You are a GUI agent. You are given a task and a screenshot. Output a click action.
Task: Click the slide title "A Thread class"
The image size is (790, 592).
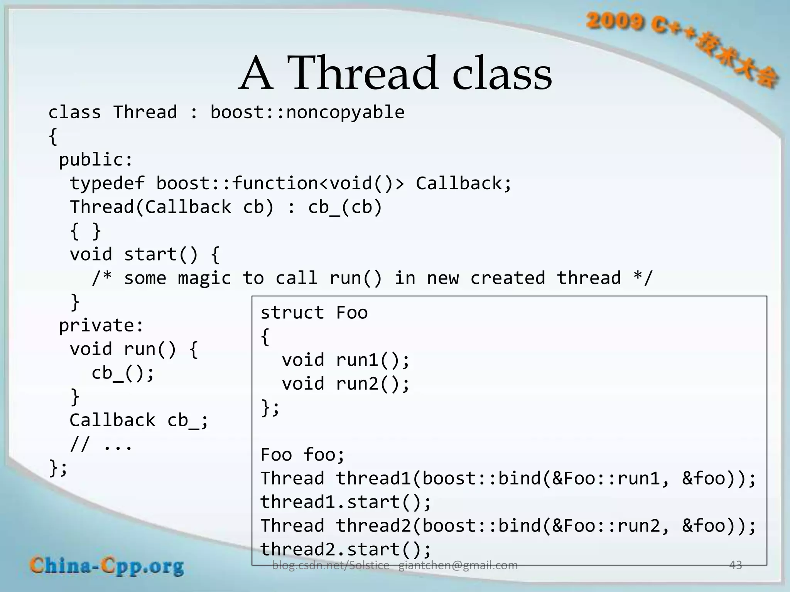point(395,73)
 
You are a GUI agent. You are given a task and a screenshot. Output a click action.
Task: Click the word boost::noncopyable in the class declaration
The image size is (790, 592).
point(307,113)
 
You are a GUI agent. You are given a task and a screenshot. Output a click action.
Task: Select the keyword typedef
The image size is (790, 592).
point(107,183)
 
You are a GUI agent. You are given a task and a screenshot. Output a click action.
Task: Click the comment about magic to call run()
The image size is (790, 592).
point(372,278)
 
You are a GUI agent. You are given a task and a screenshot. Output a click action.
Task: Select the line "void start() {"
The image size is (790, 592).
point(145,255)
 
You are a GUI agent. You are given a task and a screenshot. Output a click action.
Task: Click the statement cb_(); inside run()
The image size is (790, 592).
point(123,373)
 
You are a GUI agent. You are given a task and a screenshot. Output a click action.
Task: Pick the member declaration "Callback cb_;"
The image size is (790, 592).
point(139,420)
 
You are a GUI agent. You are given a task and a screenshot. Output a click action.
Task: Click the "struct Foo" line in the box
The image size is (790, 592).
point(314,313)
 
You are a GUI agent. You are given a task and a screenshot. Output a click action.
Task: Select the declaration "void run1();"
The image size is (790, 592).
point(345,360)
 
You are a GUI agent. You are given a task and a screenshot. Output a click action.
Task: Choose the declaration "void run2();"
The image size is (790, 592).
point(345,384)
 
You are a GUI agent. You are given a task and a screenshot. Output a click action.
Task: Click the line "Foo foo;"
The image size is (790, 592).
point(302,455)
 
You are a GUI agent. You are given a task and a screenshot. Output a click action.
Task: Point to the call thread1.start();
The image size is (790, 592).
point(346,502)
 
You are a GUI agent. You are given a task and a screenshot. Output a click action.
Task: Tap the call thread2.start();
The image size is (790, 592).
point(346,550)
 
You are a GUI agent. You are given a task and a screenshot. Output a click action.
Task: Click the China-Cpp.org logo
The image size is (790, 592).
point(107,567)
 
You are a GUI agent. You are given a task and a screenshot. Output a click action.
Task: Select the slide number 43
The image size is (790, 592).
point(735,565)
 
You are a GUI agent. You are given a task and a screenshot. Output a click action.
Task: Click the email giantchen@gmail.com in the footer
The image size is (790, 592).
point(458,565)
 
